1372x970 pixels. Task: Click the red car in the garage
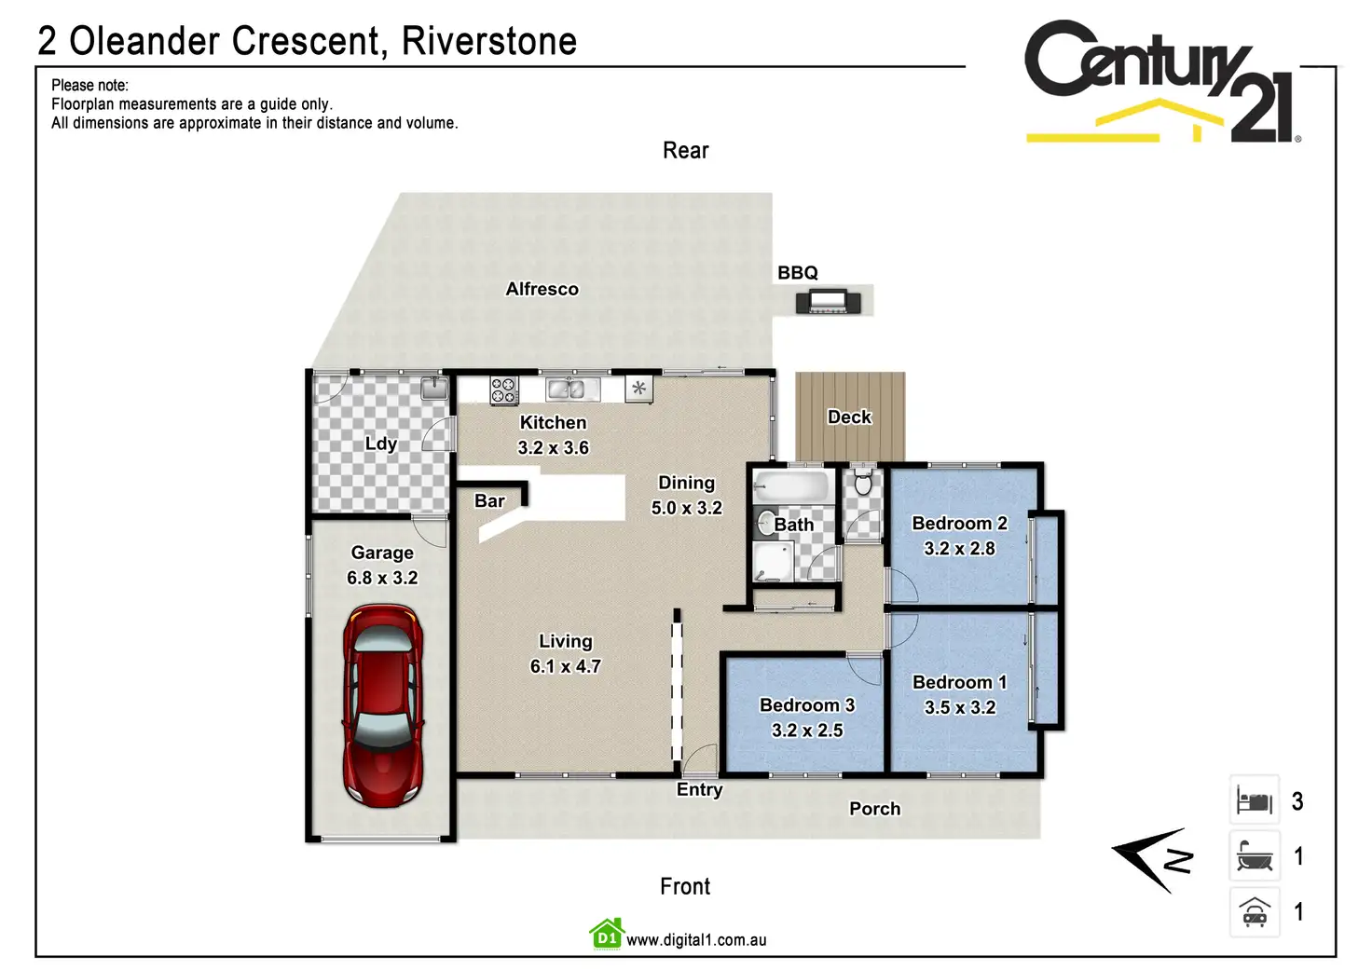383,704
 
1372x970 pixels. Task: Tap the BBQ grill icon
828,302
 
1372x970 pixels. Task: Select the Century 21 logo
1161,82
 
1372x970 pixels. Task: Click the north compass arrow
1152,859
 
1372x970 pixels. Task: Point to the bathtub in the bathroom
790,487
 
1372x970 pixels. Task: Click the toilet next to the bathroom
863,483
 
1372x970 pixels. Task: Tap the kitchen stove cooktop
504,389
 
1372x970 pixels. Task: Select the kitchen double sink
566,389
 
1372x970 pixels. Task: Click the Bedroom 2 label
959,524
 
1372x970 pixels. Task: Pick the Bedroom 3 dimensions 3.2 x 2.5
807,731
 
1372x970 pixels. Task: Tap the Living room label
565,641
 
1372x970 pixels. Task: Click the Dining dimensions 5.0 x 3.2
686,508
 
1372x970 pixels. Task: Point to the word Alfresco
542,289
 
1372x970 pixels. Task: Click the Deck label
849,417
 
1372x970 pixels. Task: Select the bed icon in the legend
1255,800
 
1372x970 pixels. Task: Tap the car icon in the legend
1255,912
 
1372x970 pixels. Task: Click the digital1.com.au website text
696,940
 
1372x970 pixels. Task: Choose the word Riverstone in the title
489,41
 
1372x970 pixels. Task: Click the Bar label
489,501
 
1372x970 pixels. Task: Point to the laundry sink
434,388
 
